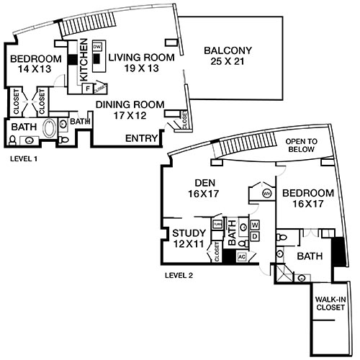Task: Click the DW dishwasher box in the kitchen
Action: [97, 45]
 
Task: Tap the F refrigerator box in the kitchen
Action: [88, 88]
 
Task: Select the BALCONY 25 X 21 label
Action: [228, 56]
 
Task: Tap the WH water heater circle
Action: [266, 193]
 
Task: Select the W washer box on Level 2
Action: [255, 225]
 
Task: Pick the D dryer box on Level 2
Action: [255, 236]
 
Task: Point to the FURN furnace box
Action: [217, 225]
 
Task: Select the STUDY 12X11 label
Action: [190, 238]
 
